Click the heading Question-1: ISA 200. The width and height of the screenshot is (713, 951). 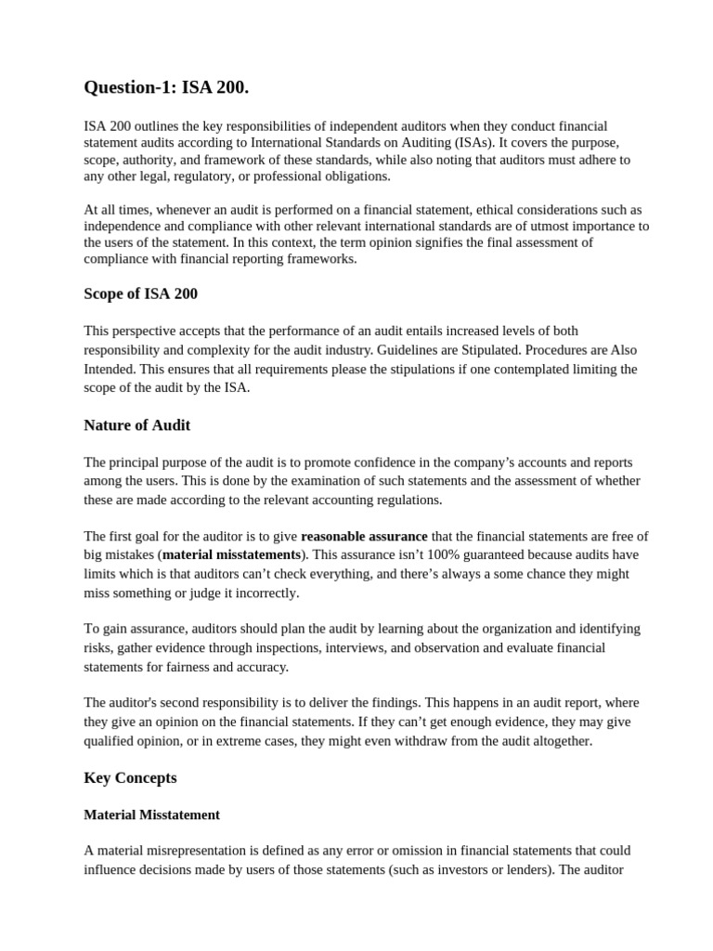tap(166, 88)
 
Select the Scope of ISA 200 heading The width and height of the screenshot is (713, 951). tap(140, 293)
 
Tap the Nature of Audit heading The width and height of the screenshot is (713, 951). tap(136, 424)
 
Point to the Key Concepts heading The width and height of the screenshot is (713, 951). tap(130, 777)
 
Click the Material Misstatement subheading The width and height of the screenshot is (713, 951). tap(151, 814)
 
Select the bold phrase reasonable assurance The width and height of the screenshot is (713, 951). tap(364, 536)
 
